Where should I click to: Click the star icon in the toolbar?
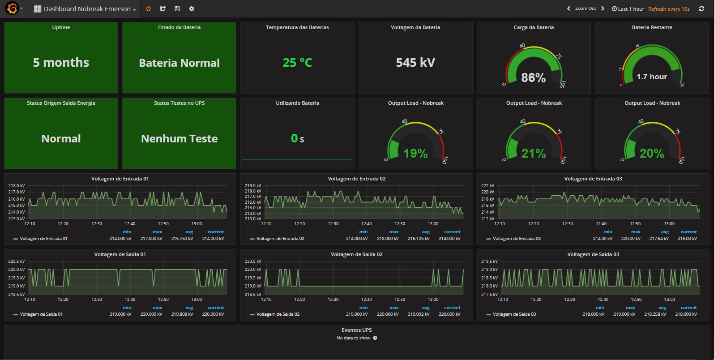click(x=149, y=9)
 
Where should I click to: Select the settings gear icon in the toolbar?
click(x=192, y=9)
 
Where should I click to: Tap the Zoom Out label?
click(x=586, y=9)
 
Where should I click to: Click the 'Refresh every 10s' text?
click(x=668, y=9)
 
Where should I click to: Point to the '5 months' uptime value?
click(x=61, y=63)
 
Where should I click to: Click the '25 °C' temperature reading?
click(x=297, y=63)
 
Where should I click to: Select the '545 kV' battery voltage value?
click(x=415, y=63)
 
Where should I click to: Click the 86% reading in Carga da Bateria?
click(x=533, y=78)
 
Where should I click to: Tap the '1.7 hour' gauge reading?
click(x=652, y=77)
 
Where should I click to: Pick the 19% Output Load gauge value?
click(x=415, y=154)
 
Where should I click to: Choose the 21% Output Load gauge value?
click(x=534, y=154)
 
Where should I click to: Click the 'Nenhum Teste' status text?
click(x=179, y=139)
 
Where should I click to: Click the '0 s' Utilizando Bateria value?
click(x=297, y=139)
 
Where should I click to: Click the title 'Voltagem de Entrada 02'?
click(x=356, y=179)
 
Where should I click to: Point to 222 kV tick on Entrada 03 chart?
click(x=487, y=185)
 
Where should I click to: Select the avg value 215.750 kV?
click(x=182, y=239)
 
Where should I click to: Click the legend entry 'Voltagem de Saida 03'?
click(x=514, y=314)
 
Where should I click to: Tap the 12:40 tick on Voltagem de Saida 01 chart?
click(x=130, y=299)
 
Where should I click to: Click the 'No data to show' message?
click(x=353, y=338)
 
